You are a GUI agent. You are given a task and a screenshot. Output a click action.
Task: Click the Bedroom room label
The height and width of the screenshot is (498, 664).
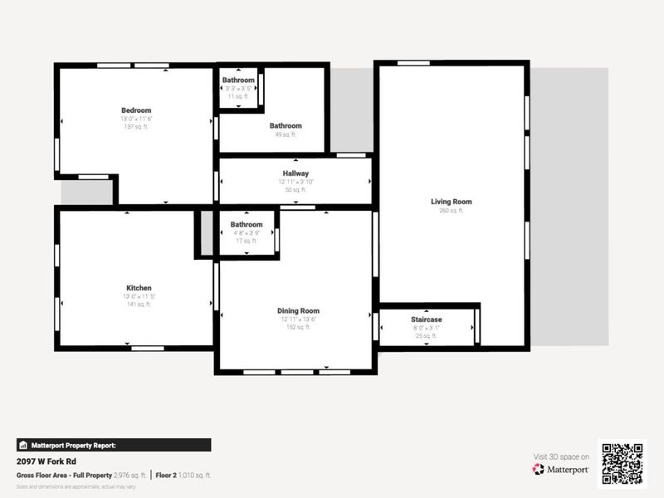click(x=136, y=110)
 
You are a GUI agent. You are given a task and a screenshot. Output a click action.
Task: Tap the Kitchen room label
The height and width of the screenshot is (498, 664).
click(x=139, y=288)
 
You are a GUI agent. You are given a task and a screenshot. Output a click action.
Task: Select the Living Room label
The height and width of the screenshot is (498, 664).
click(x=451, y=202)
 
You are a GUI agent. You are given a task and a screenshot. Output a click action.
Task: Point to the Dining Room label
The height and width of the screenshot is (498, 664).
click(x=298, y=311)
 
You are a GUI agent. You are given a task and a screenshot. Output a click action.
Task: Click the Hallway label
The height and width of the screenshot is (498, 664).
click(x=295, y=173)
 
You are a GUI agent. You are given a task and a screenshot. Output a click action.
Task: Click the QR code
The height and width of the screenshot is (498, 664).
click(x=622, y=462)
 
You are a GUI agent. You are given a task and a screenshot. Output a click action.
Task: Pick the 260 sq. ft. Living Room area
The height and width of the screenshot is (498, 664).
click(x=451, y=211)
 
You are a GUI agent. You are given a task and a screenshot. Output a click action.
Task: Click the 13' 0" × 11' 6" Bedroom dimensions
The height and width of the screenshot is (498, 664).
click(x=136, y=119)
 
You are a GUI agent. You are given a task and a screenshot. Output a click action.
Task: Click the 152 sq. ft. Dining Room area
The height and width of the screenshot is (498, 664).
click(x=298, y=327)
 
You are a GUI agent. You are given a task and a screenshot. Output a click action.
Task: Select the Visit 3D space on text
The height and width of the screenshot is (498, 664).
click(x=560, y=456)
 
